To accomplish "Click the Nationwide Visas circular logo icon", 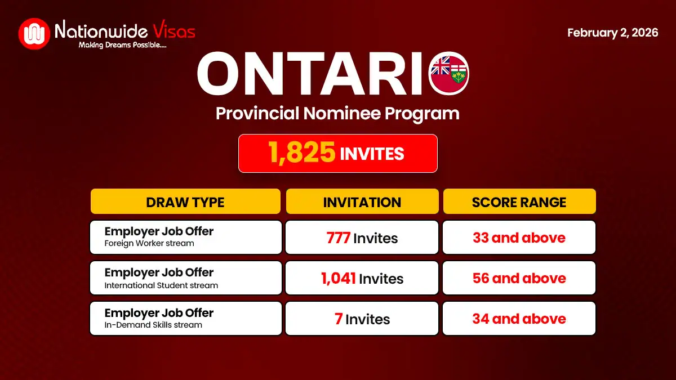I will point(34,33).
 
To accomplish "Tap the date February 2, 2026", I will point(612,33).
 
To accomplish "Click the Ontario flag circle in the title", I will point(449,74).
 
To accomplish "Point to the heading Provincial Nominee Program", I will point(337,113).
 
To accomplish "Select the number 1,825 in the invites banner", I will point(302,153).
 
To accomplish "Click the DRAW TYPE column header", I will point(185,202).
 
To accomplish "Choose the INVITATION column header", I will point(362,202).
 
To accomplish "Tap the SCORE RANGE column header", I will point(519,202).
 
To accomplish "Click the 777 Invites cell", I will point(362,238).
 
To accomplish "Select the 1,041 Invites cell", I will point(362,279).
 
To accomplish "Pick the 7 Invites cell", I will point(362,319).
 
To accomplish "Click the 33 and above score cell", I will point(519,238).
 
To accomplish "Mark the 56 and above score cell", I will point(519,279).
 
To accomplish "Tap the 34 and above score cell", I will point(519,319).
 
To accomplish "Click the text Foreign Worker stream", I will point(149,244).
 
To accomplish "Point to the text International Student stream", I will point(161,285).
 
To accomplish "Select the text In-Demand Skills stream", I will point(153,325).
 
